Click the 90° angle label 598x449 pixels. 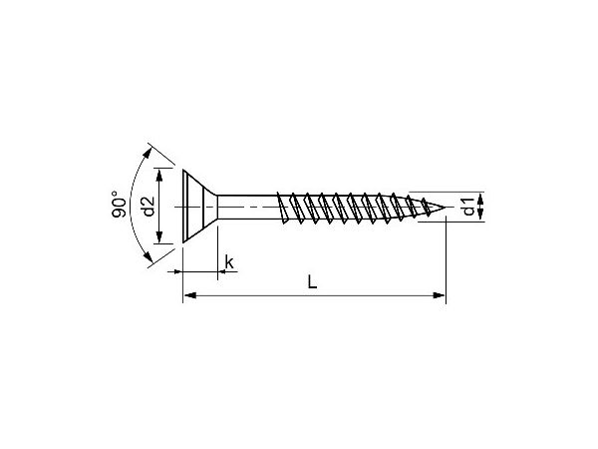tap(117, 206)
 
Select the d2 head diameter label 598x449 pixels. tap(147, 208)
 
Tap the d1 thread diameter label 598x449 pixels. tap(468, 208)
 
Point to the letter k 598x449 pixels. tap(229, 262)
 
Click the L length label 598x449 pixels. tap(312, 282)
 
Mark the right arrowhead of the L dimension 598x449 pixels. tap(440, 295)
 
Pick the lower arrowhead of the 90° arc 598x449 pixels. tap(149, 262)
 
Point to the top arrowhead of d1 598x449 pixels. tap(482, 197)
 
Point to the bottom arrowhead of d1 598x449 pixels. tap(482, 220)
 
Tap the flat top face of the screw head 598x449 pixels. tap(184, 208)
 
